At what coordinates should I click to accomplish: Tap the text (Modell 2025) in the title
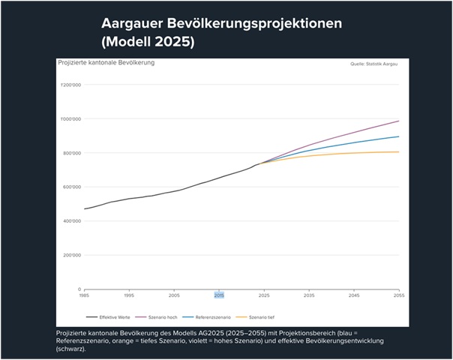tap(148, 43)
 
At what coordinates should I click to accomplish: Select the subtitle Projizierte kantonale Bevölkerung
tap(106, 62)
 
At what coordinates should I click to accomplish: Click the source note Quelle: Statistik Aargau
tap(373, 64)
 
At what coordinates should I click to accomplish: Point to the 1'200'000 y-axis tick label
tap(70, 85)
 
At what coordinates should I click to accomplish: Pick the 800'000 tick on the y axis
tap(71, 153)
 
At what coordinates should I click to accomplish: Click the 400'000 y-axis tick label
tap(71, 221)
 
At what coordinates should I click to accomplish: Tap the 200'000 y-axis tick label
tap(71, 255)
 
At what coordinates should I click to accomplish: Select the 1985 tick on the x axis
tap(85, 296)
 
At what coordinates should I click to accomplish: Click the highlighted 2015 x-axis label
tap(219, 296)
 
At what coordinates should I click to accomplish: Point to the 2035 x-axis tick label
tap(308, 296)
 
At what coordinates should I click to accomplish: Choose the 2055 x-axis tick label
tap(398, 296)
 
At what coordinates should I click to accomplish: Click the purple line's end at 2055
tap(398, 121)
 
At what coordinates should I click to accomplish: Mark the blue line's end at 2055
tap(398, 136)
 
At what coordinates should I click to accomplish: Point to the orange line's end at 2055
tap(398, 151)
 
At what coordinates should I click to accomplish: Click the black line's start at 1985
tap(85, 208)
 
